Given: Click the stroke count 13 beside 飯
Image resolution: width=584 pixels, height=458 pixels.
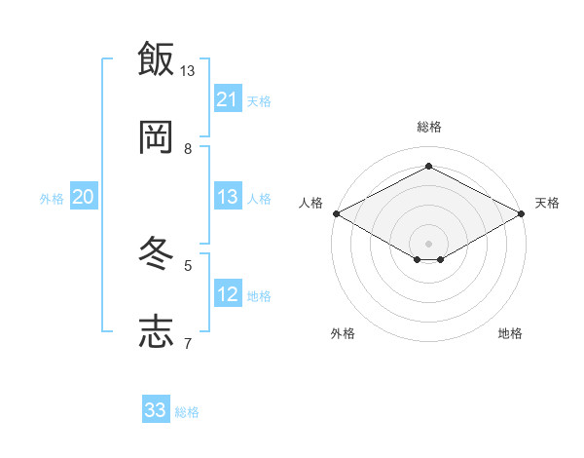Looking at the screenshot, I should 188,71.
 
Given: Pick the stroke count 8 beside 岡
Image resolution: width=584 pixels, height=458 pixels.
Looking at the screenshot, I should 188,148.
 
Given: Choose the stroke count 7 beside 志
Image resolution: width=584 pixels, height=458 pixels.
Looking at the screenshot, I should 188,343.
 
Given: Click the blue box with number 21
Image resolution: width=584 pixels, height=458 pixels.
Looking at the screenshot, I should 228,99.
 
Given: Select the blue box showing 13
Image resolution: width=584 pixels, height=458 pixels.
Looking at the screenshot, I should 228,197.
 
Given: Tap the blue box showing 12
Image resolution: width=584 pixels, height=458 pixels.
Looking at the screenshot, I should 228,294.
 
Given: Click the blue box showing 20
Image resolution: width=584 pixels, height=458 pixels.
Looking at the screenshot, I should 84,197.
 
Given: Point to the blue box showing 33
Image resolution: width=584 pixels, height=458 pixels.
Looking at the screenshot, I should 156,410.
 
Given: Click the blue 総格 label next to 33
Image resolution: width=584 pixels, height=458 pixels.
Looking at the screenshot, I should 187,412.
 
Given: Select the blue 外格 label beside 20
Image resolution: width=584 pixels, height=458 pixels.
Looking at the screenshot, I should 52,199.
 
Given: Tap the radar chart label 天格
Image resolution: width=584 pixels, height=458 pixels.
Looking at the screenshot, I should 547,203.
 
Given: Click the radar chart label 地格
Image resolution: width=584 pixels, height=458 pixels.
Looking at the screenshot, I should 510,333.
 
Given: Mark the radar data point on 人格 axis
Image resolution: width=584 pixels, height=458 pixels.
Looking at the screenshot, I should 336,212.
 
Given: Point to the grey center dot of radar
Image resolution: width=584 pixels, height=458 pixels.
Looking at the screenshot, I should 428,243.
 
